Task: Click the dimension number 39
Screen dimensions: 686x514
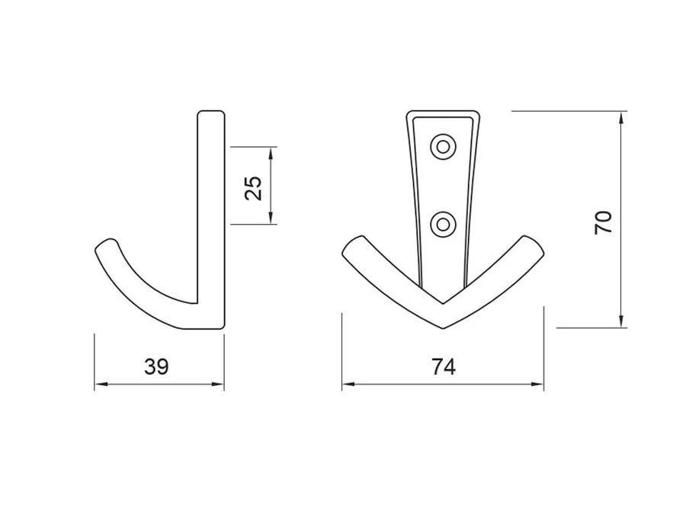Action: tap(156, 366)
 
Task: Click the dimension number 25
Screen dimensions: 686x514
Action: tap(253, 188)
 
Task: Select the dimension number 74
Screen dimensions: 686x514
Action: tap(444, 366)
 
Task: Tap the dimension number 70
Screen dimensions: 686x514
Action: tap(604, 222)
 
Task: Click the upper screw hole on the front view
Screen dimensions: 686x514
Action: tap(443, 147)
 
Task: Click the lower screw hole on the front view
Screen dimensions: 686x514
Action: tap(443, 225)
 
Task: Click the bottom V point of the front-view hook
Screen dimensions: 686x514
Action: tap(443, 327)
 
